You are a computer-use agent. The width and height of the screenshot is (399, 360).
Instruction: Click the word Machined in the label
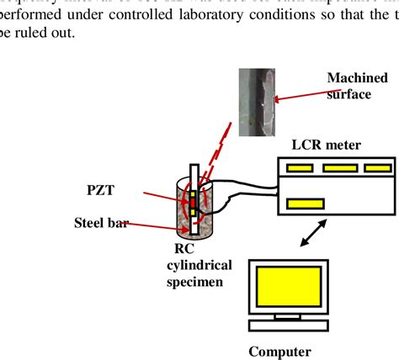point(357,78)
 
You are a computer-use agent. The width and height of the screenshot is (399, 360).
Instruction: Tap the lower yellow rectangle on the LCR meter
point(301,202)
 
